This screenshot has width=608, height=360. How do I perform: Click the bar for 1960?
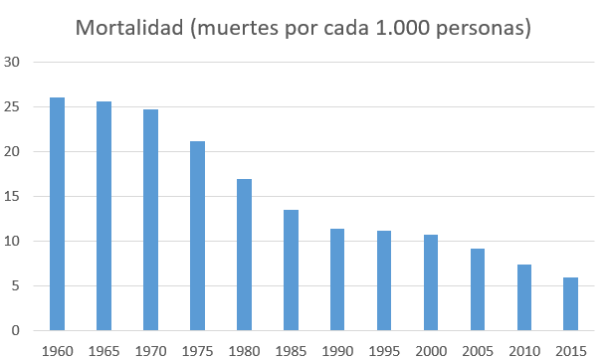[58, 214]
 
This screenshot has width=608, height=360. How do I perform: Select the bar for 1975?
[197, 236]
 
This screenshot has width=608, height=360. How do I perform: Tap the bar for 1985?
[291, 270]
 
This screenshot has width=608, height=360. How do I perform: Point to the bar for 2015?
[570, 303]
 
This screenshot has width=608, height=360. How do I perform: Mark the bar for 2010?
[523, 297]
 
